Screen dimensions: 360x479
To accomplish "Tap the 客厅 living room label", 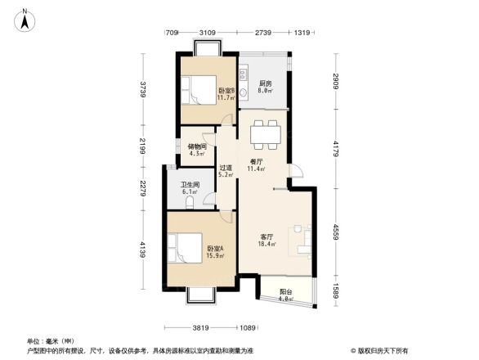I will (x=267, y=238).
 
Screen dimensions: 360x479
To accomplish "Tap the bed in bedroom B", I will (x=196, y=89).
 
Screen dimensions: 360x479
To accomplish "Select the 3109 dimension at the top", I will (x=208, y=32).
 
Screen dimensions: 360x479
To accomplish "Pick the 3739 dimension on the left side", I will (x=142, y=88).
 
